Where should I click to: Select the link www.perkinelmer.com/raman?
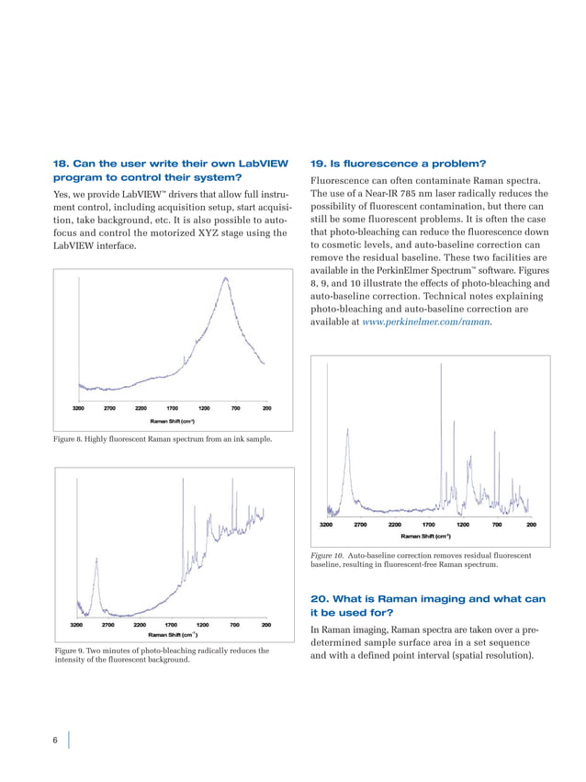(427, 323)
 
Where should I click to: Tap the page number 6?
(57, 742)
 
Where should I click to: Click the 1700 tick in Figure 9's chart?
(170, 624)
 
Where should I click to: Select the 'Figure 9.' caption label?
(75, 652)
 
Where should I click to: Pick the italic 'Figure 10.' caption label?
(328, 556)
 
